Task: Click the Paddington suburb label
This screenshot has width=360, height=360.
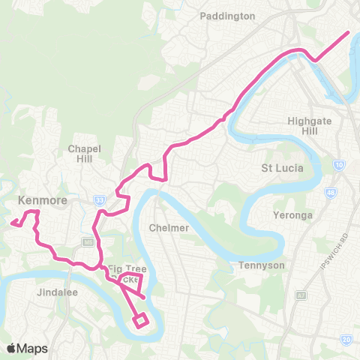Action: coord(229,16)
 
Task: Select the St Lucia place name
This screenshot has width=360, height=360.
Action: coord(282,167)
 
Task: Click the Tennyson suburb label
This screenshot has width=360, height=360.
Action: coord(258,265)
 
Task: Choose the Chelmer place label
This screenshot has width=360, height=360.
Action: coord(167,227)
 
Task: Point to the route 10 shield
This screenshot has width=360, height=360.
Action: coord(340,164)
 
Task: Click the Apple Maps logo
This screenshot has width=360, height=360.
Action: coord(27,348)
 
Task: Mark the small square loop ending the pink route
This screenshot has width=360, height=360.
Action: coord(140,321)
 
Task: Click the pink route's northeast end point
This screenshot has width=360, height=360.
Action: coord(349,32)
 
